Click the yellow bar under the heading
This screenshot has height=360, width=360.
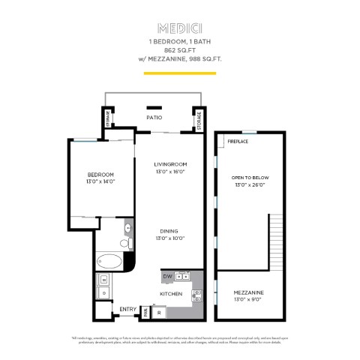[180, 73]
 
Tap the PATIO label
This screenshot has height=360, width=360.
[154, 118]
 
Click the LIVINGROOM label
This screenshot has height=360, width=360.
[169, 164]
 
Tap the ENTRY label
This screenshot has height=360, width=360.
[127, 309]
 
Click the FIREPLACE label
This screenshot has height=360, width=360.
[238, 141]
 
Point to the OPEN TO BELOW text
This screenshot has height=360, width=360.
[250, 178]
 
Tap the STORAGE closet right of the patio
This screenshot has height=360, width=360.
[199, 121]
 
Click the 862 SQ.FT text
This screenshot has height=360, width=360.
[180, 49]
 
